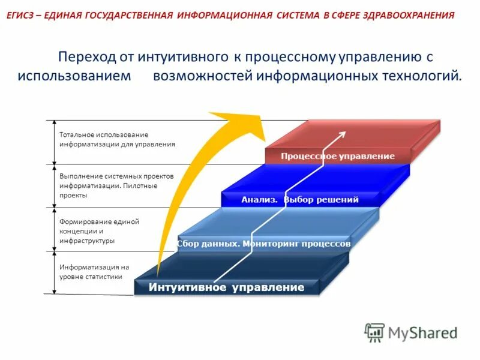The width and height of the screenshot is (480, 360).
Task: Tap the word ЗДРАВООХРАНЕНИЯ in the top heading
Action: [409, 14]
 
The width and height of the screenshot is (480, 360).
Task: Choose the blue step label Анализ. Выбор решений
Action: [300, 200]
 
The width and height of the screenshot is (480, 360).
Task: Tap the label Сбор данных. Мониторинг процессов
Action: [264, 244]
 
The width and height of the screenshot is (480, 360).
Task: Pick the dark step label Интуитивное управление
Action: [227, 287]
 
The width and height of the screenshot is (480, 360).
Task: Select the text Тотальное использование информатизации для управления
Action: [117, 139]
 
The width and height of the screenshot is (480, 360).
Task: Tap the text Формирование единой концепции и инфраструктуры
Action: [99, 231]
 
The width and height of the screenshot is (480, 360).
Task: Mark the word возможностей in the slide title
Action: [202, 77]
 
